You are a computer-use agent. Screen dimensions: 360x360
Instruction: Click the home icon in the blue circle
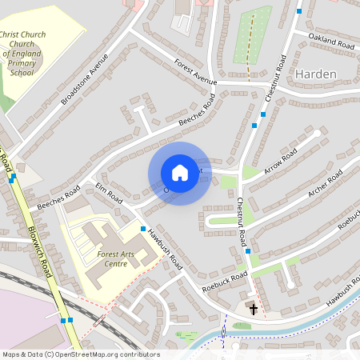179,173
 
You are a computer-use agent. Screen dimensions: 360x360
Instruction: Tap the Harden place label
316,74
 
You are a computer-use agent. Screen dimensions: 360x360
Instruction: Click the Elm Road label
109,193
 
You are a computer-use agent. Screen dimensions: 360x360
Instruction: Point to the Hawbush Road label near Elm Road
166,250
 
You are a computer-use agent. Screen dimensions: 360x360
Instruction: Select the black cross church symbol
254,308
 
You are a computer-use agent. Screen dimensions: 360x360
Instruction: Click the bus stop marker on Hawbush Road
143,230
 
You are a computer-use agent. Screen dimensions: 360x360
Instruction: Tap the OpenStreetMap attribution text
80,354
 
